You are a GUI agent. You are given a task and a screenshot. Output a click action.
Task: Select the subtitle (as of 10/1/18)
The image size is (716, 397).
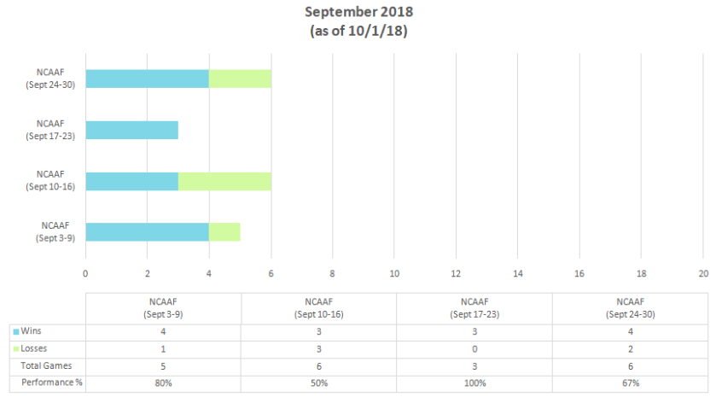[x=358, y=31]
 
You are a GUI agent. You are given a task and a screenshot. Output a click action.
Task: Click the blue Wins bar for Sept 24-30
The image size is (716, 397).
[x=147, y=79]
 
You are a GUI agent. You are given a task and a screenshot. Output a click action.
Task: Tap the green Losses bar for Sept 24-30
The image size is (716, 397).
[x=240, y=79]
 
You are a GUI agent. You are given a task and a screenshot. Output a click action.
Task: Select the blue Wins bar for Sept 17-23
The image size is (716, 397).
[x=131, y=130]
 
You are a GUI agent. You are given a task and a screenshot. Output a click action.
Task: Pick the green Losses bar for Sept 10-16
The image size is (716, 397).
[x=224, y=181]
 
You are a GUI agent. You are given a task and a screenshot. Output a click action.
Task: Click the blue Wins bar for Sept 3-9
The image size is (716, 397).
[x=147, y=231]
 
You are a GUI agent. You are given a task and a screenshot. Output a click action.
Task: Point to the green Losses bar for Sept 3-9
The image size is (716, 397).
[x=224, y=231]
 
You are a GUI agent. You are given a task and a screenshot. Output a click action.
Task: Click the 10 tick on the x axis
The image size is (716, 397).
[x=394, y=274]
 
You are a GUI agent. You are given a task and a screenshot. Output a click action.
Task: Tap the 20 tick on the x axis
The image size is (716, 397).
[x=702, y=274]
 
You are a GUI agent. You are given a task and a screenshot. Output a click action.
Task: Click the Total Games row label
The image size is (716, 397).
[x=48, y=365]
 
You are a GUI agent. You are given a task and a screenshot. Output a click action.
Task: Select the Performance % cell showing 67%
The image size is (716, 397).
[x=629, y=383]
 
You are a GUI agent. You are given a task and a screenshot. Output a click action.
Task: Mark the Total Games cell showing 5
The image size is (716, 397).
[x=163, y=365]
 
